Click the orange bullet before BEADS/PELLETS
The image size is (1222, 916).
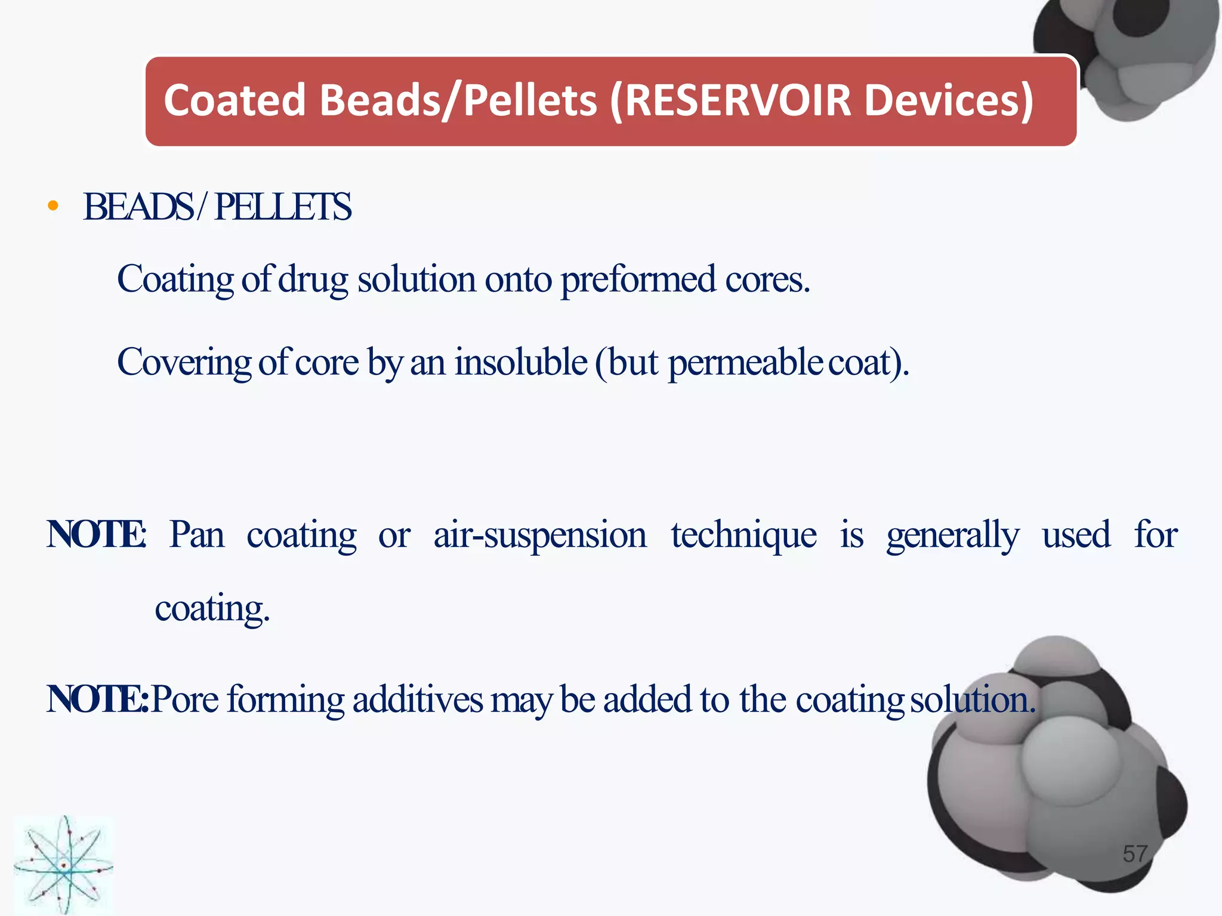point(53,206)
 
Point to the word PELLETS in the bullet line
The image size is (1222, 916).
point(283,207)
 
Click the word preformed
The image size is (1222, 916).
point(638,280)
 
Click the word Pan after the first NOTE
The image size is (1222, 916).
point(197,534)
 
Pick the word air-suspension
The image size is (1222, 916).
point(539,535)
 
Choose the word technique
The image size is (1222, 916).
point(743,535)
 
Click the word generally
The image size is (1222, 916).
point(952,535)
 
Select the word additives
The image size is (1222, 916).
point(418,699)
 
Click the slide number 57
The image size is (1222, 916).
point(1135,854)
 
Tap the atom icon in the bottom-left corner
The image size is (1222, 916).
point(63,865)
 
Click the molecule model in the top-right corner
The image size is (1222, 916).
point(1128,54)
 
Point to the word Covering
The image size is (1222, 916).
point(183,363)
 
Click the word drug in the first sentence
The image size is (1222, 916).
point(313,280)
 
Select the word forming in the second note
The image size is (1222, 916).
point(286,700)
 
